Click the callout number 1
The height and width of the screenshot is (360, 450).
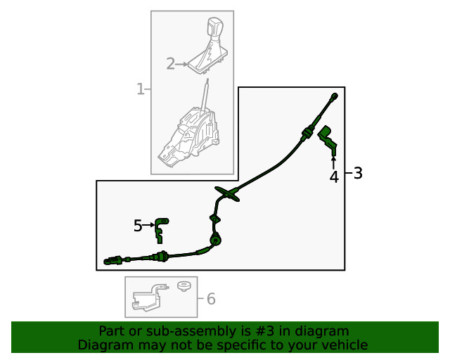tap(141, 89)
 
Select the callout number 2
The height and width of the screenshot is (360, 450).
tap(170, 64)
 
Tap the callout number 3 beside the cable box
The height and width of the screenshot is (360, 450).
tap(358, 173)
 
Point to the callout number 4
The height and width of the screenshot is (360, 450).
tap(334, 177)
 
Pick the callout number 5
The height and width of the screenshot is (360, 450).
tap(138, 226)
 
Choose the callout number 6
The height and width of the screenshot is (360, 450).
tap(211, 299)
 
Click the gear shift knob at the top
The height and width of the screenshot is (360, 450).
tap(214, 28)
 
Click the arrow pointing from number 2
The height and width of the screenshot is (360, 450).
tap(181, 64)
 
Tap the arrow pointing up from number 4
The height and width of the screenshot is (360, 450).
tap(333, 162)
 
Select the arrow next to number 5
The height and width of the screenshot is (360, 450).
tap(148, 225)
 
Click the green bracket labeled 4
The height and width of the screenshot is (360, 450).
tap(328, 139)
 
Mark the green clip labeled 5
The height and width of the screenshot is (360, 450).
tap(161, 231)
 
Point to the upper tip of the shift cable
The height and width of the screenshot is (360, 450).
tap(335, 96)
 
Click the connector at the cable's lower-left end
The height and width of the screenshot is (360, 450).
tap(113, 261)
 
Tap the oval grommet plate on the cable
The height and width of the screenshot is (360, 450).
tap(227, 194)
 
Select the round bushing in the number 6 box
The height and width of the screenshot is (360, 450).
tap(184, 286)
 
